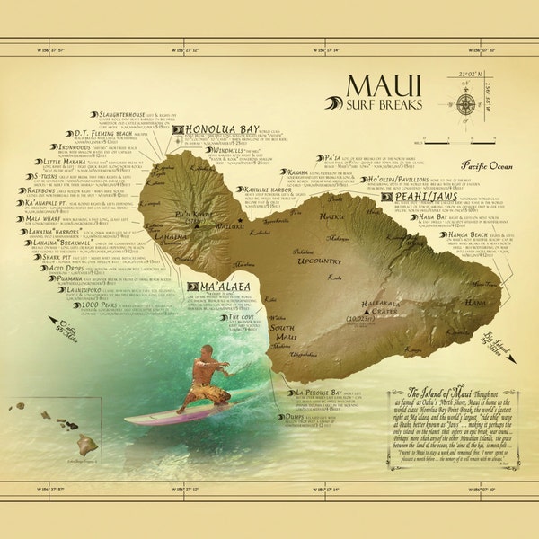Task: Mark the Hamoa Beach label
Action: [469, 234]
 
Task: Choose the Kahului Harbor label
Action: [264, 190]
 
